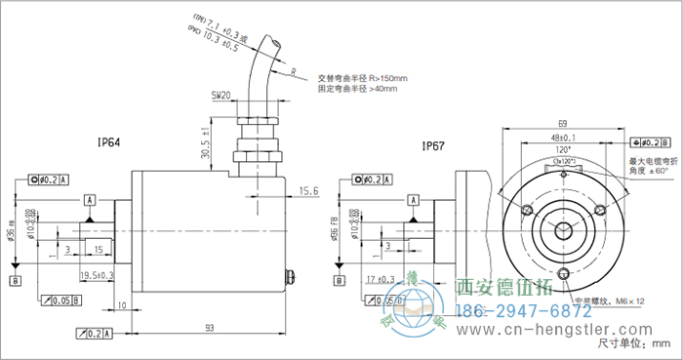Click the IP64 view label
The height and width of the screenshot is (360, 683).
point(109,142)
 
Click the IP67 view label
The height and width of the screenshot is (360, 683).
point(433,146)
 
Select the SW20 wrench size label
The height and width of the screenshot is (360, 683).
point(221,96)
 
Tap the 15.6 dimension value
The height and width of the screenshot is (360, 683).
point(309,191)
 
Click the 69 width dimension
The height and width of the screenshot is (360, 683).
point(563,123)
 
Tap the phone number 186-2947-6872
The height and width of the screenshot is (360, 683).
point(524,310)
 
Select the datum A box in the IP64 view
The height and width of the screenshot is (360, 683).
point(90,199)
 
